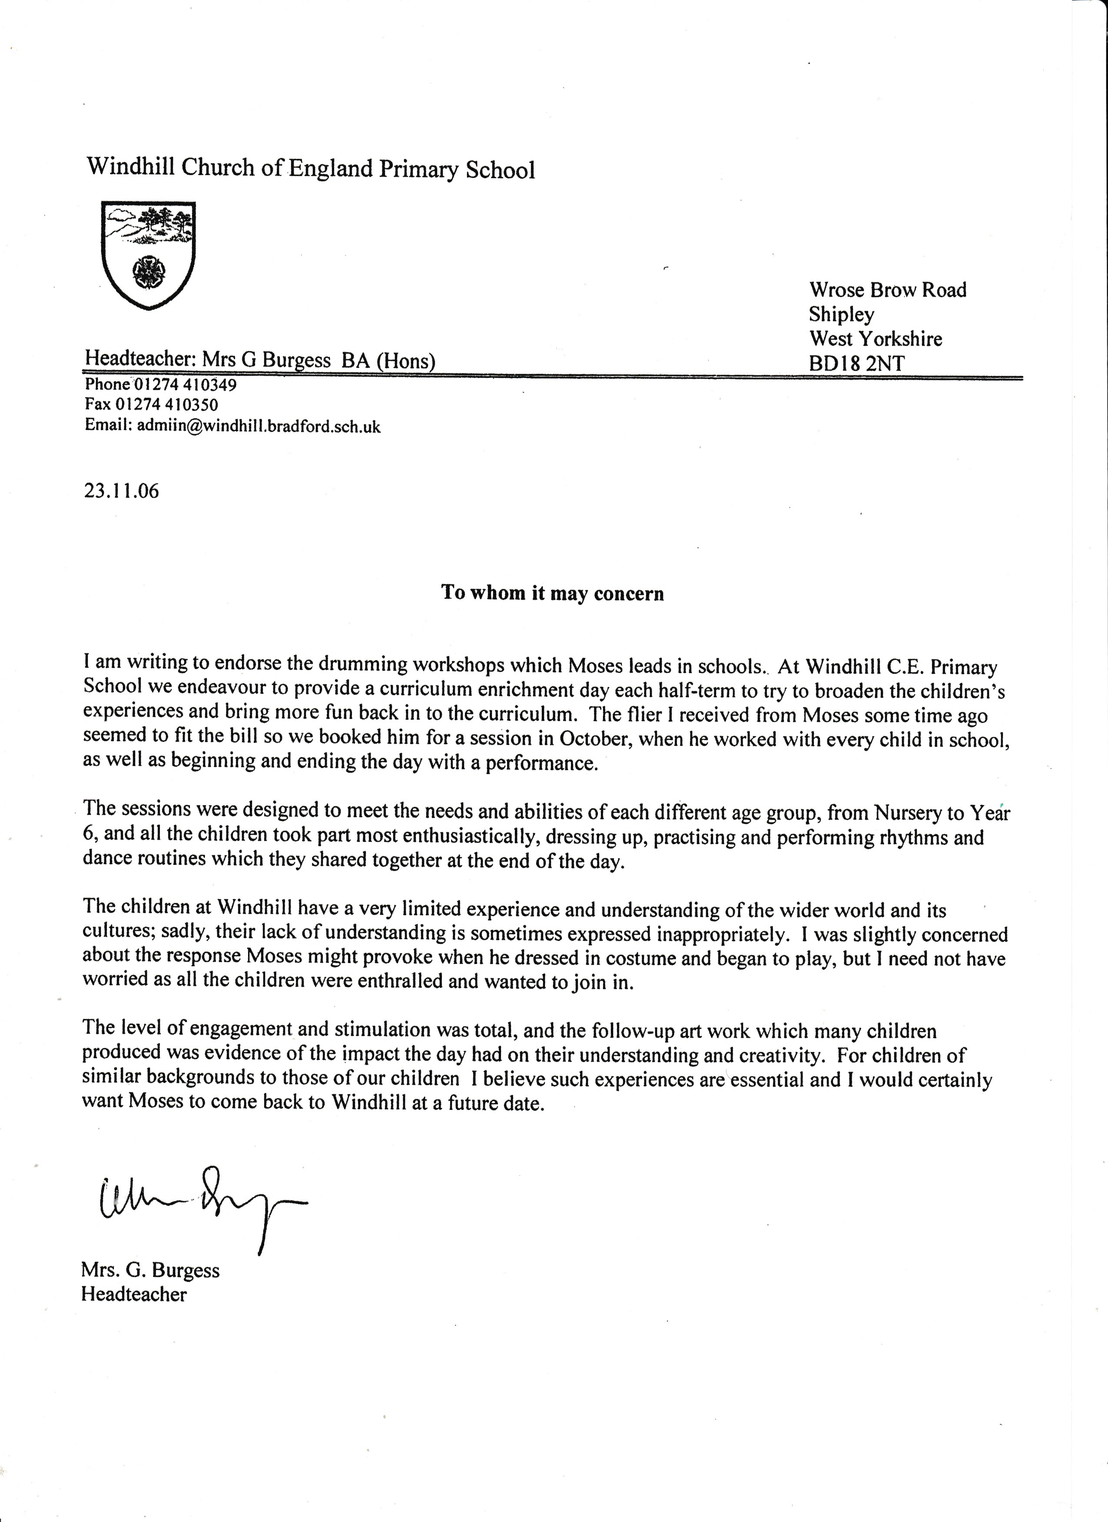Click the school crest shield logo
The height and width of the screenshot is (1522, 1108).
(x=148, y=255)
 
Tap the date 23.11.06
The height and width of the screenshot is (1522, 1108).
(x=122, y=491)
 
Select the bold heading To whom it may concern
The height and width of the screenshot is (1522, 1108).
(x=552, y=593)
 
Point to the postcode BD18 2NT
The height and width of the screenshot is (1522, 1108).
(x=856, y=364)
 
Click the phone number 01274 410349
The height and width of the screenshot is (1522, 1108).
(x=185, y=385)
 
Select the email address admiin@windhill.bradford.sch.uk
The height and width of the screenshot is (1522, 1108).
(x=259, y=426)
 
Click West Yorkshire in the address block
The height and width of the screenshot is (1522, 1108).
(x=875, y=339)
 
